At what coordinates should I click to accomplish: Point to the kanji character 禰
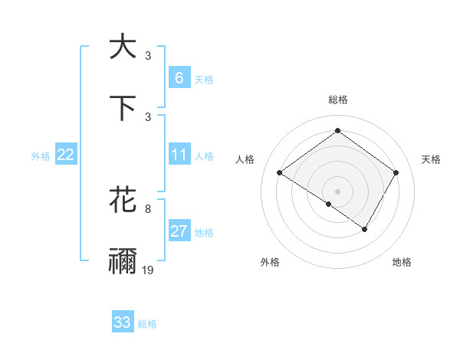(x=123, y=261)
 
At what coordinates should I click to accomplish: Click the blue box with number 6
(x=179, y=78)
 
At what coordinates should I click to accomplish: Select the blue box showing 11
(x=179, y=155)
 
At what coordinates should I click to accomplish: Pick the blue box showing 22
(x=66, y=155)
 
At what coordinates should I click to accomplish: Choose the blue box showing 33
(x=123, y=323)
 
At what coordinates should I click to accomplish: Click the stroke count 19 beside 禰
(x=149, y=270)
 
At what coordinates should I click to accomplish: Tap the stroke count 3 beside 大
(x=148, y=55)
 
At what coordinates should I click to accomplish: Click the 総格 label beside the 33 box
(x=147, y=324)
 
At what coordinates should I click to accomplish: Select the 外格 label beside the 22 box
(x=41, y=156)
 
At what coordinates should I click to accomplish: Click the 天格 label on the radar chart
(x=431, y=159)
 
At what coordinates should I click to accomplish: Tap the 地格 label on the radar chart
(x=402, y=262)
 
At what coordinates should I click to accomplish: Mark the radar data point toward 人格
(x=280, y=173)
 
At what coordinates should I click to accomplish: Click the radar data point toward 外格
(x=329, y=204)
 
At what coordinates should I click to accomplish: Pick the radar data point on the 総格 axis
(x=337, y=131)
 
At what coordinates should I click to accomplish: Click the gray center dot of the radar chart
(x=337, y=191)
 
